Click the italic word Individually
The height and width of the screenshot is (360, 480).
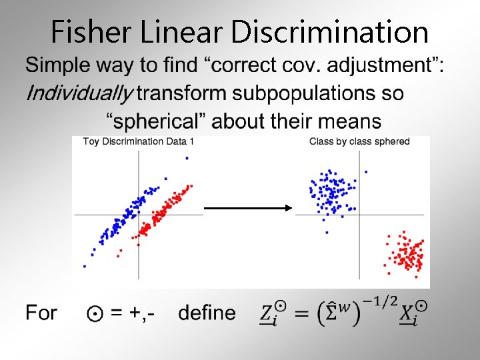[79, 93]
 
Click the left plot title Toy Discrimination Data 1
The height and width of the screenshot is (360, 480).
[138, 141]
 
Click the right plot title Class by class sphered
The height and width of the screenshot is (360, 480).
[359, 141]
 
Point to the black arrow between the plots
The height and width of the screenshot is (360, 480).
[248, 208]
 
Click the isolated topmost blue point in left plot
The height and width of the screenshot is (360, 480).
[187, 158]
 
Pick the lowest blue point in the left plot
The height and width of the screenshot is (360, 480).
[85, 266]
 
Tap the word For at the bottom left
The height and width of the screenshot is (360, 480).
[41, 313]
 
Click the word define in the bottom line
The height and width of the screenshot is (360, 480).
[207, 313]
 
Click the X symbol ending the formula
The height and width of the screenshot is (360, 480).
[408, 313]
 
